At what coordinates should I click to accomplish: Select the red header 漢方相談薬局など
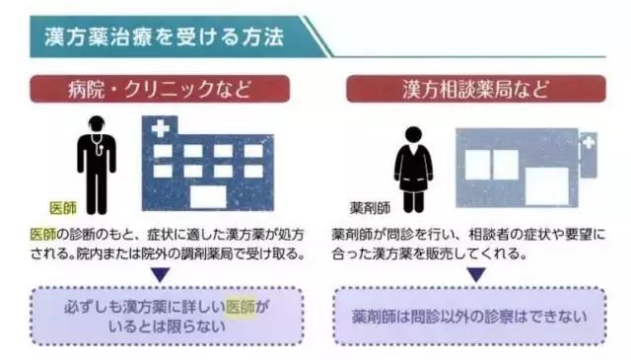coord(476,89)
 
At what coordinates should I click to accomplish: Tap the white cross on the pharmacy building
coord(589,145)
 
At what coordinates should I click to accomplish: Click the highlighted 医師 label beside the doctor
coord(63,209)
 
